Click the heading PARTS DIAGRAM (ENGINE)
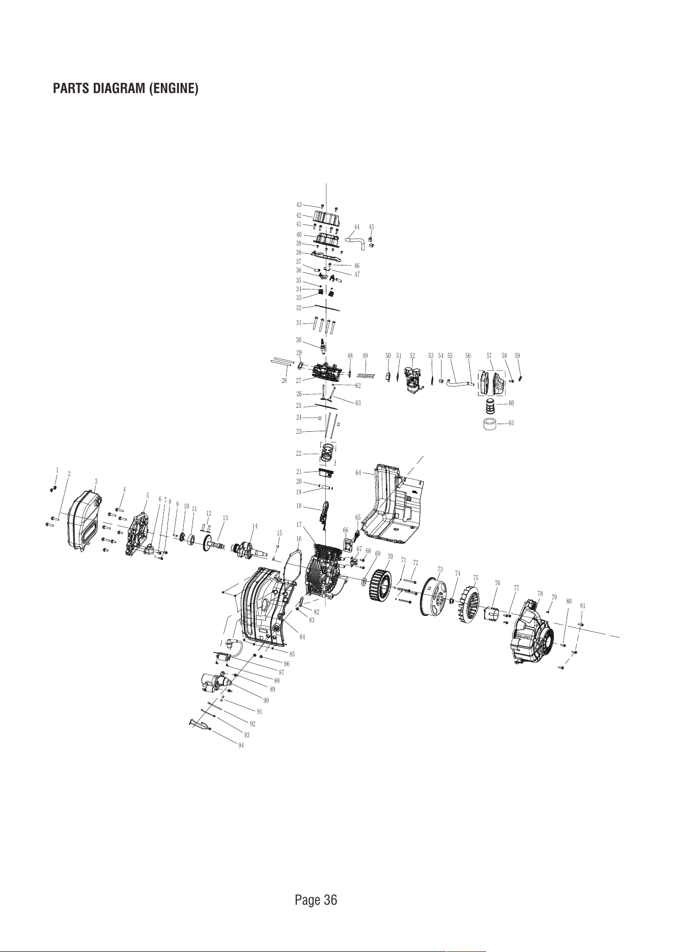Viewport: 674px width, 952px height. [x=126, y=88]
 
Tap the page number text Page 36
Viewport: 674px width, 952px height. [x=316, y=900]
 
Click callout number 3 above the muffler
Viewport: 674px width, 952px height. [x=96, y=481]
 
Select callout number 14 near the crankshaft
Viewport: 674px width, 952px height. [x=255, y=526]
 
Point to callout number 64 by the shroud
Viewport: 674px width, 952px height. [x=358, y=472]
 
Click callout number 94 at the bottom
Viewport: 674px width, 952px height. [x=241, y=746]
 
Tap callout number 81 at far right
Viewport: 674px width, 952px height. [x=582, y=606]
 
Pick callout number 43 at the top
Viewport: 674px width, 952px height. [x=299, y=204]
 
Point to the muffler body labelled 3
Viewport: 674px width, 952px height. [x=85, y=519]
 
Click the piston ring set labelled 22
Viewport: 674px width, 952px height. [x=328, y=453]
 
